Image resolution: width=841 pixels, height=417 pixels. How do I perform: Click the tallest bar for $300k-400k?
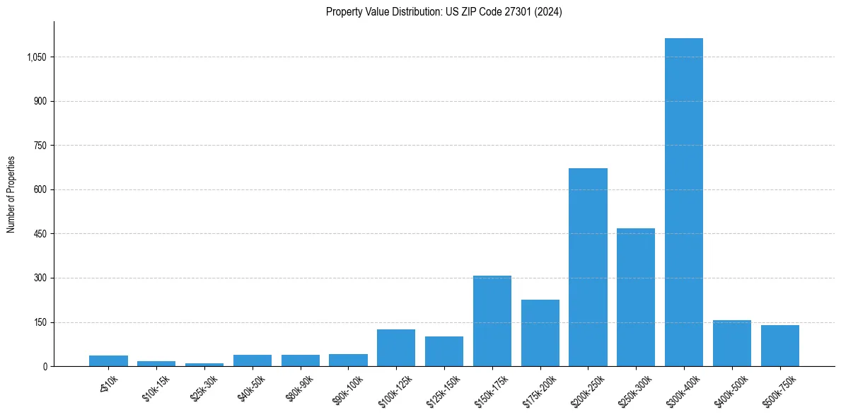(684, 202)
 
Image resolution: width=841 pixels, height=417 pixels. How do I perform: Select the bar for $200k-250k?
(588, 267)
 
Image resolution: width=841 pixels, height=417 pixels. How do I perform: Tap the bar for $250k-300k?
(636, 297)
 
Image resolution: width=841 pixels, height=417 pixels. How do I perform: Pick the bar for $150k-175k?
(492, 321)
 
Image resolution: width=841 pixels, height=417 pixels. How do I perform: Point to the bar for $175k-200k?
(540, 333)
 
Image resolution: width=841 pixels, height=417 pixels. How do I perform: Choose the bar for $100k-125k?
(396, 348)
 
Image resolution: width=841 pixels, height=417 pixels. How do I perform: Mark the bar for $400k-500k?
(732, 343)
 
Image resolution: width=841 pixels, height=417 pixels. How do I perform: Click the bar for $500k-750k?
(780, 346)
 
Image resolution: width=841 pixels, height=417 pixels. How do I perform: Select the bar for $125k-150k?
(444, 351)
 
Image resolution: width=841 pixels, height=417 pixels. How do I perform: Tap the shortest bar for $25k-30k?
(204, 365)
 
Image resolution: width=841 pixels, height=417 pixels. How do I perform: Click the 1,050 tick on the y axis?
(36, 57)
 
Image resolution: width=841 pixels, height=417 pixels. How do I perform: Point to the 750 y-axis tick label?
(40, 146)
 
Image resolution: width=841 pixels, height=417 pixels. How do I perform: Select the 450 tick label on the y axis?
(40, 234)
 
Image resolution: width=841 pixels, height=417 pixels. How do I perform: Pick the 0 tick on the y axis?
(45, 367)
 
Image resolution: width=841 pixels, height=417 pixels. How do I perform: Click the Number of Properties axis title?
(11, 194)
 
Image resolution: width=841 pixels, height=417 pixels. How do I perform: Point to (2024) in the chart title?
(549, 12)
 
